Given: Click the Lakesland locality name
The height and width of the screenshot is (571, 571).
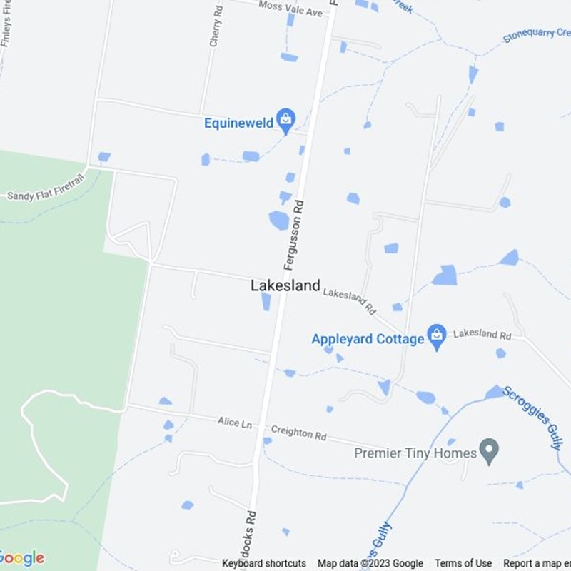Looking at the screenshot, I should [x=285, y=285].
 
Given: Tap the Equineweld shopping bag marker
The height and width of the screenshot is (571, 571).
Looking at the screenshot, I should [x=286, y=121].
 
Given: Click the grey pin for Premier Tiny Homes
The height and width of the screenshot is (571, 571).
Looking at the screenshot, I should [x=488, y=450].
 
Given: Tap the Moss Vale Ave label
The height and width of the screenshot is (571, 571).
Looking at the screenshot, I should [x=290, y=9].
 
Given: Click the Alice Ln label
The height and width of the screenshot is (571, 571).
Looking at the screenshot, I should [x=235, y=423].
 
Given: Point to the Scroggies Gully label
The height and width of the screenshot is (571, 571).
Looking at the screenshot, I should [x=533, y=417].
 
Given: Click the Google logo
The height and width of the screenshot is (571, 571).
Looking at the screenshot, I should [x=21, y=557].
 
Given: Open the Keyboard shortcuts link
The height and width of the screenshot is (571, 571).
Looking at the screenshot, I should [x=264, y=563].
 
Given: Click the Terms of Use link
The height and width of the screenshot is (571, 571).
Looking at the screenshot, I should [x=463, y=563].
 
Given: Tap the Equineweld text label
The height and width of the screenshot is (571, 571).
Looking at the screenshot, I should [x=238, y=123].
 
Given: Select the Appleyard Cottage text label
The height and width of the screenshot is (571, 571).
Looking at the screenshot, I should [x=368, y=339].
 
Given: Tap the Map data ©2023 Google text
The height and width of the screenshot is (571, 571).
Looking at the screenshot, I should [x=370, y=563].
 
